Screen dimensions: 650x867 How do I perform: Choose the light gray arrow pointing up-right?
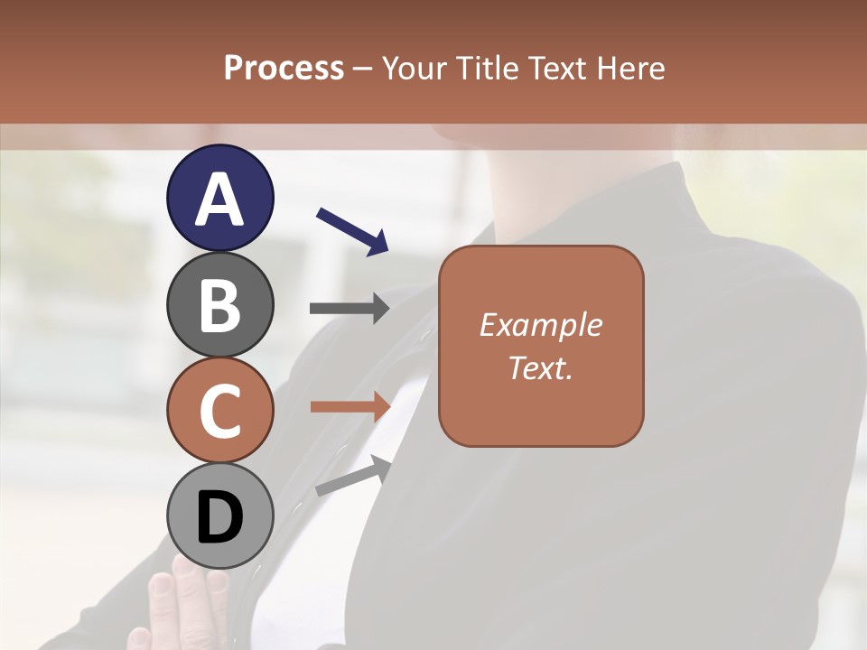click(x=353, y=477)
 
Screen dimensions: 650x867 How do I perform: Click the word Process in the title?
click(x=284, y=68)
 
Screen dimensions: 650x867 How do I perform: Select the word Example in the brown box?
click(x=540, y=325)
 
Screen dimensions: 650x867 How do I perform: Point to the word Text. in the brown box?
click(x=540, y=368)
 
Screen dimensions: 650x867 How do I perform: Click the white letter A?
click(x=219, y=200)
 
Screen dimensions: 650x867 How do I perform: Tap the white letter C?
click(x=219, y=412)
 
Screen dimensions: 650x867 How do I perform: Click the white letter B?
click(x=219, y=305)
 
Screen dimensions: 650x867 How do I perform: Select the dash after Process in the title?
click(x=362, y=69)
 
